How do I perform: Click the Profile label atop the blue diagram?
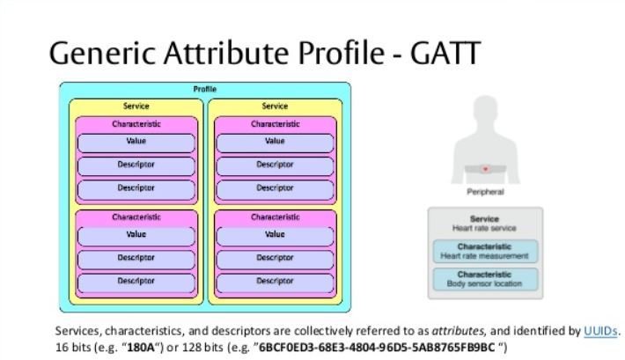[204, 90]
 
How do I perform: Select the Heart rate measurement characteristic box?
[484, 252]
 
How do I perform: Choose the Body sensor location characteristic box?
[484, 279]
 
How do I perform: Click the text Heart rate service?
[484, 228]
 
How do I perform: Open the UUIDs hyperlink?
[600, 331]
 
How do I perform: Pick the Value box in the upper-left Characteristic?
[136, 142]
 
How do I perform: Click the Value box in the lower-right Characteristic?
[275, 235]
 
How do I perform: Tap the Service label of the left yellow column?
[136, 107]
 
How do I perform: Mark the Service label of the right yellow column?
[275, 107]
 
